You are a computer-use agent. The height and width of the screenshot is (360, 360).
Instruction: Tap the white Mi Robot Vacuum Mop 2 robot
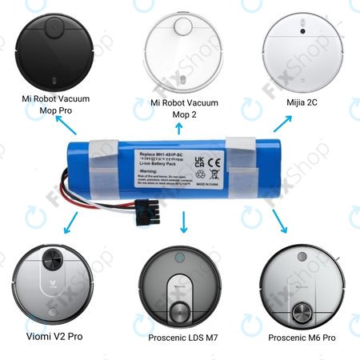[181, 50]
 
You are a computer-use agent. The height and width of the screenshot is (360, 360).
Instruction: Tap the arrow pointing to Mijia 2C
[282, 121]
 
